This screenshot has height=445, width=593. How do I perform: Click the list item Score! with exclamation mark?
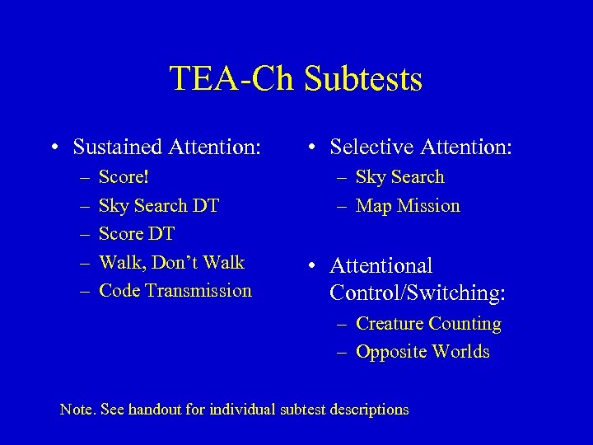[x=124, y=177]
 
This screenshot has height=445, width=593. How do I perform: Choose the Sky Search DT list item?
[x=159, y=205]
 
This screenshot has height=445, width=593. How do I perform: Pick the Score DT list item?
[x=137, y=234]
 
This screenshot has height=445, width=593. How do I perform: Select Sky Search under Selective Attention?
[x=399, y=177]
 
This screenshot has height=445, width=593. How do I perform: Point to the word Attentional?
[x=381, y=266]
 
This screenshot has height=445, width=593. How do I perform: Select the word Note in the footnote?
[x=76, y=410]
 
